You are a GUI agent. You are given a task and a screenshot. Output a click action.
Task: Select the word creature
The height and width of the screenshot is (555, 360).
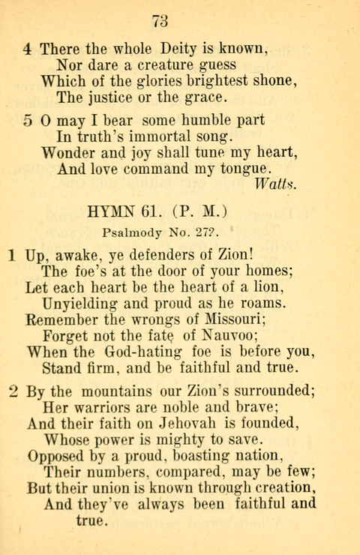168,64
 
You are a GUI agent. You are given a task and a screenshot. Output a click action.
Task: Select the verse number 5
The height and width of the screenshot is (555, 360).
28,120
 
